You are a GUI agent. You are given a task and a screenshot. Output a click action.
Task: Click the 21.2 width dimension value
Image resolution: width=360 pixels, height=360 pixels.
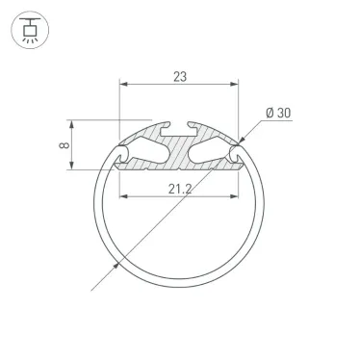pos(180,188)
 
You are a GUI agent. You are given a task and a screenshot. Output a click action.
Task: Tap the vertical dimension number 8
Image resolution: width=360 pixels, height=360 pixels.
pos(61,146)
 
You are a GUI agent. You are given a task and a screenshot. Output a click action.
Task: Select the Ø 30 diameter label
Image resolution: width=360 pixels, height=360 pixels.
pos(280,113)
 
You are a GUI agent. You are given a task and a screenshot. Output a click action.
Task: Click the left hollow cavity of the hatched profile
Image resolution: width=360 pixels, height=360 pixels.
pos(144,148)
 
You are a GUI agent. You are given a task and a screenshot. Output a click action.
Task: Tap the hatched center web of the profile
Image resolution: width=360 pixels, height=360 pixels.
pos(180,148)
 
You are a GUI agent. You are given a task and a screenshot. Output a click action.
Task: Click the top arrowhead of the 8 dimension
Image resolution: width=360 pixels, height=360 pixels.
pos(71,124)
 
